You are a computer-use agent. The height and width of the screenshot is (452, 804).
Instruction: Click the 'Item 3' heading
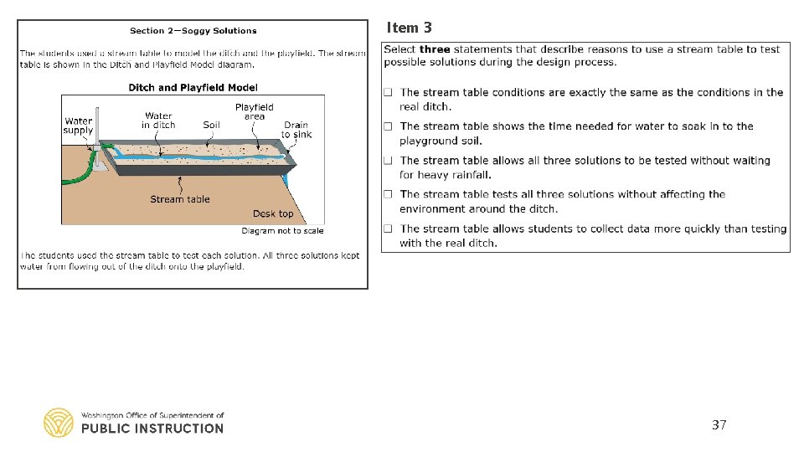[x=409, y=28]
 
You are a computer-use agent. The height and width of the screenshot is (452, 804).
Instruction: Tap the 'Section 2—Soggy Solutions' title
[x=193, y=31]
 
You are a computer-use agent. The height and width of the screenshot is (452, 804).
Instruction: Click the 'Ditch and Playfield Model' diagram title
[x=193, y=87]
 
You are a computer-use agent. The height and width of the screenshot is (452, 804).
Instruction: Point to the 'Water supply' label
[x=78, y=126]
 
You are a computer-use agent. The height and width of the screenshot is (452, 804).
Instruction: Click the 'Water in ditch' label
[x=158, y=121]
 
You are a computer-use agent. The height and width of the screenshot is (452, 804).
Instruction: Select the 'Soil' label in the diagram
[x=211, y=125]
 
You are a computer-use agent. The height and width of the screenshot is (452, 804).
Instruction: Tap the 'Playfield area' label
[x=255, y=111]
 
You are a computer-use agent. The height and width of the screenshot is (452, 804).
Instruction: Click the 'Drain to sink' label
[x=296, y=130]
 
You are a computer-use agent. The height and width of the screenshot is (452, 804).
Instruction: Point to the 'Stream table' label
[x=180, y=199]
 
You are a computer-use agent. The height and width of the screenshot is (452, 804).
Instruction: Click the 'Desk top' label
[x=273, y=214]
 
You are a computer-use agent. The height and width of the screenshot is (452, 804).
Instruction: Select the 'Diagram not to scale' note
[x=282, y=230]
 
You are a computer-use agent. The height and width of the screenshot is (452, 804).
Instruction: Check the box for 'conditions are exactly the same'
[x=389, y=92]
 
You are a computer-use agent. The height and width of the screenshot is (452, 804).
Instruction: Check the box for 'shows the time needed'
[x=389, y=126]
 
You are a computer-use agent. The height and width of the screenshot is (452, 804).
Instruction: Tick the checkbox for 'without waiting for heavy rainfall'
[x=389, y=161]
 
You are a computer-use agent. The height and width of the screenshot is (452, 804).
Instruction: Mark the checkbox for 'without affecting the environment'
[x=389, y=194]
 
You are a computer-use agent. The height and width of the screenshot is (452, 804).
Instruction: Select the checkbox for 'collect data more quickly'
[x=389, y=229]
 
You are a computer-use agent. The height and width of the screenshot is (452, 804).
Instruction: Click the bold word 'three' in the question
[x=435, y=49]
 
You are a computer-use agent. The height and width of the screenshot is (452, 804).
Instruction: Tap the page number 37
[x=719, y=425]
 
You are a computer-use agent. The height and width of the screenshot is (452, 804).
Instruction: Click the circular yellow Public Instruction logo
[x=59, y=423]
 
